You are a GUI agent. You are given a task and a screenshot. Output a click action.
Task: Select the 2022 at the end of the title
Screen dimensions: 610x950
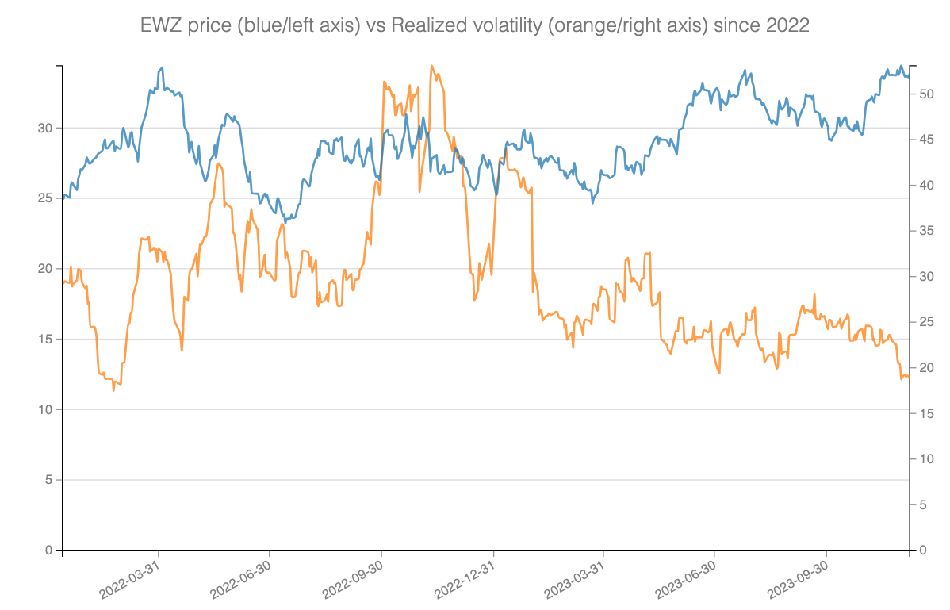[x=787, y=25]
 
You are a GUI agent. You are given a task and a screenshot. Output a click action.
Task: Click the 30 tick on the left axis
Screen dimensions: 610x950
[x=46, y=128]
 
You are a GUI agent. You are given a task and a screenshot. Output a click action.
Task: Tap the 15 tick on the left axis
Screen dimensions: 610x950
[x=46, y=339]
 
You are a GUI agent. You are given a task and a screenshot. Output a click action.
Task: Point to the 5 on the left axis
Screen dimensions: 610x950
[x=49, y=480]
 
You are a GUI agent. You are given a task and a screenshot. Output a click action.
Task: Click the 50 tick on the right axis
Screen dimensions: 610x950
[x=925, y=94]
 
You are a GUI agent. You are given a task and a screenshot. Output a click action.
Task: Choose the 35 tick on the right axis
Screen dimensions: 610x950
[x=925, y=231]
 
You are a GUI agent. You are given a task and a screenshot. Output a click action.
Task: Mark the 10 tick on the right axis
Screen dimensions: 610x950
[x=925, y=459]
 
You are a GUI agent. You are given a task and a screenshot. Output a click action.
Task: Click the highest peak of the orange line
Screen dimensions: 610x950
[x=431, y=66]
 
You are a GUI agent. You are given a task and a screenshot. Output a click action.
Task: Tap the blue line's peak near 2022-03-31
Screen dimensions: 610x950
[x=163, y=67]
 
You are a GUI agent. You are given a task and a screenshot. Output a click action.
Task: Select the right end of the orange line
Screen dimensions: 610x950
[x=909, y=378]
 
